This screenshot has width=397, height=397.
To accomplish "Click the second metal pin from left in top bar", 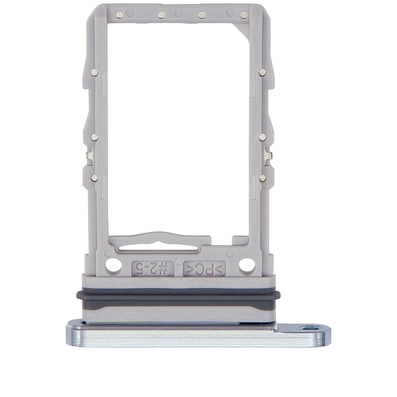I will [161, 14].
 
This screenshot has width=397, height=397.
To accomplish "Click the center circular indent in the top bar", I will [178, 13].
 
